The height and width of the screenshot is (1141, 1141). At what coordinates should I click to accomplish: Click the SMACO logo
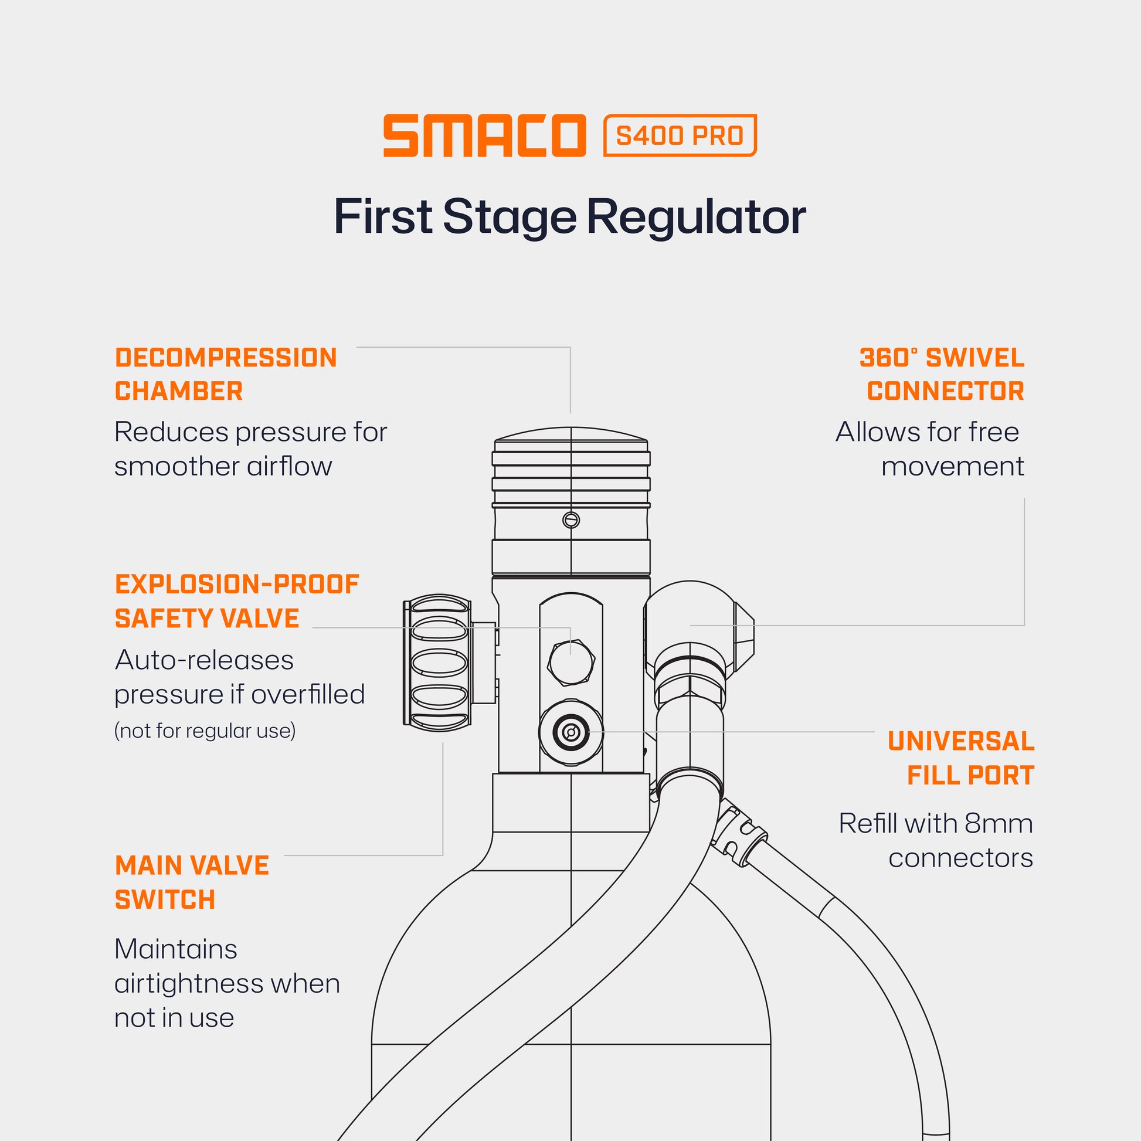tap(484, 136)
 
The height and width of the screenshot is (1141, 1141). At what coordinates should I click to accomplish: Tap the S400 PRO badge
tap(679, 136)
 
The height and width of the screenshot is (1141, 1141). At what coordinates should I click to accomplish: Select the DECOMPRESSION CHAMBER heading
tap(226, 375)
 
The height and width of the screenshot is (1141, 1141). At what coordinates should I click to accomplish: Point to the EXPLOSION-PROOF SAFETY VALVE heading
tap(237, 601)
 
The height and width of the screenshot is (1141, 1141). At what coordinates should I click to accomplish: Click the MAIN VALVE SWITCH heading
tap(192, 882)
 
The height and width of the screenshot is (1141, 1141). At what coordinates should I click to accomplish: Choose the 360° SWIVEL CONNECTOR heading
tap(942, 375)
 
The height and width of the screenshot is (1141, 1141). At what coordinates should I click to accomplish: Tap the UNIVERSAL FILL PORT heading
tap(961, 758)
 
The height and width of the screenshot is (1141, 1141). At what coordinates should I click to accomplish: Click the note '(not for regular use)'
tap(205, 731)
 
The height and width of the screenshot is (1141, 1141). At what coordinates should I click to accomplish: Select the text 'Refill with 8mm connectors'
tap(936, 840)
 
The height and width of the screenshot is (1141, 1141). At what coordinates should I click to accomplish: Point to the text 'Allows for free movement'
tap(929, 449)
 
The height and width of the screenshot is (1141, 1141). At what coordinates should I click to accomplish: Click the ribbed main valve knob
tap(437, 663)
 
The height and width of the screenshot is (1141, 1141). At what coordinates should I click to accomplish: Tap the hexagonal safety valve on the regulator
tap(570, 662)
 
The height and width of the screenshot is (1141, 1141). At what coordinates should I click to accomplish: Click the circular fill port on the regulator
tap(570, 733)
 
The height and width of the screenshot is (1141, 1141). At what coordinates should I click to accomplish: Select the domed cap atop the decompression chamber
tap(570, 436)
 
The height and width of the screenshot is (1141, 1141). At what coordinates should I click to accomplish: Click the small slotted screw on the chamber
tap(571, 520)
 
